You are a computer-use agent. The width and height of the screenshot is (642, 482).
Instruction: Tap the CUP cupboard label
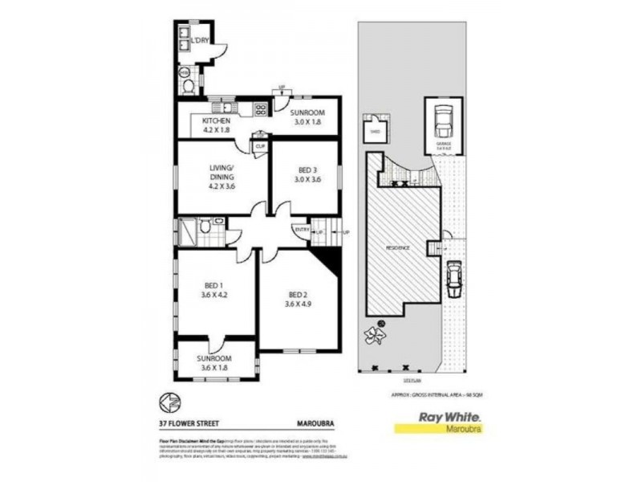[259, 146]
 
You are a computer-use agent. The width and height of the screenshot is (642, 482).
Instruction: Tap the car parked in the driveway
[453, 277]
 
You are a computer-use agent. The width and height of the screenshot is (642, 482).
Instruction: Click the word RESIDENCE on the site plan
[397, 248]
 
